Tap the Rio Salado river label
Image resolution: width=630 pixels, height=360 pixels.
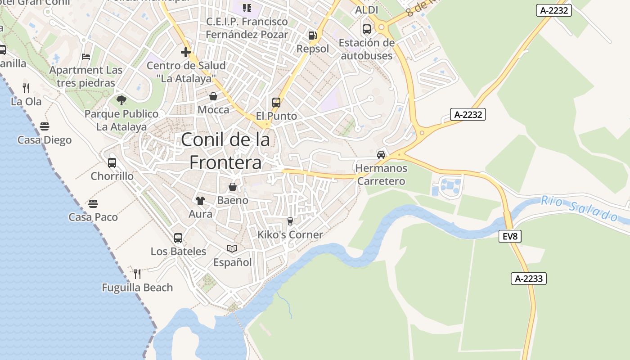coord(580,208)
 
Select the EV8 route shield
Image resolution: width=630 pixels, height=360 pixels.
coord(510,236)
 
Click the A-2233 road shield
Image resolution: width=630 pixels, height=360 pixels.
coord(529,279)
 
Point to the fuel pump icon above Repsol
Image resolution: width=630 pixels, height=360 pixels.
coord(312,36)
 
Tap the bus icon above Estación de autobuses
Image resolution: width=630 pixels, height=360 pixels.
coord(367,29)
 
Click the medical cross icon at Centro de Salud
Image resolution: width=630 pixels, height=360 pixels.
coord(185,52)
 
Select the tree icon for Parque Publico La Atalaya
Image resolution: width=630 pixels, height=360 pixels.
coord(121,100)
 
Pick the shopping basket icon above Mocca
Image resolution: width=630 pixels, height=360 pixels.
coord(213,96)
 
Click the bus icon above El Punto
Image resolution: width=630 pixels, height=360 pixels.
coord(276,103)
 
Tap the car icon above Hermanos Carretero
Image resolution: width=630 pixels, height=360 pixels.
coord(381,155)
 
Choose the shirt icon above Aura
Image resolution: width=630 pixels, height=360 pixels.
coord(200,201)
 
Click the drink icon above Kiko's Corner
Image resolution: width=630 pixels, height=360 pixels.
coord(290,221)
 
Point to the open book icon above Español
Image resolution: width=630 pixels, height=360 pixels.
coord(232,248)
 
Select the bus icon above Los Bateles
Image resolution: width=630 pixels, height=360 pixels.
coord(178,238)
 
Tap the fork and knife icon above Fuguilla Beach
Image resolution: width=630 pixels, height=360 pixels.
coord(137,274)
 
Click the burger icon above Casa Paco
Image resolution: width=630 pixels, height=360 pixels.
coord(93,204)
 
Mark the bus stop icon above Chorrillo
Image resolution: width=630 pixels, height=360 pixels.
coord(112,162)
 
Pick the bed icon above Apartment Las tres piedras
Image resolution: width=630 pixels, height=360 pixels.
coord(86,57)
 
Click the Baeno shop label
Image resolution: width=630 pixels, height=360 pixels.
coord(233,200)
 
